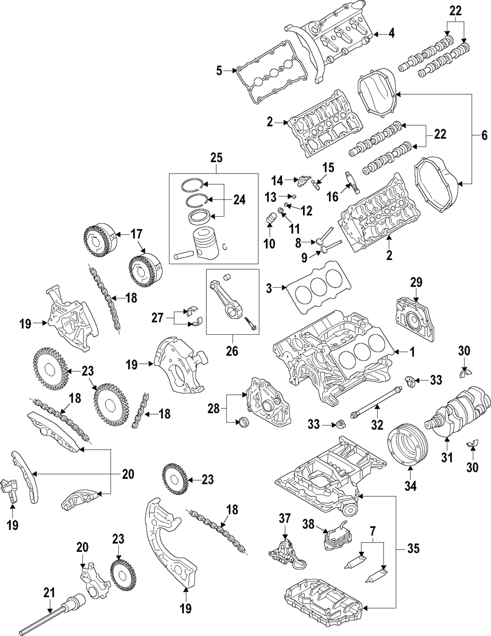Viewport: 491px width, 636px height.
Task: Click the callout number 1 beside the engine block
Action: coord(412,352)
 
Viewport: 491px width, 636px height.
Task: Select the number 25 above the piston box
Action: coord(216,158)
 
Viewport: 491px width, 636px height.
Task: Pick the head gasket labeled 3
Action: coord(319,290)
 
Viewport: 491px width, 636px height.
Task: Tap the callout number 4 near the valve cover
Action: coord(391,34)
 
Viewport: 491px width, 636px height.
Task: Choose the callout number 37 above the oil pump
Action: coord(285,518)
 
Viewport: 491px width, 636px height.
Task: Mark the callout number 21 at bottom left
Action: coord(48,593)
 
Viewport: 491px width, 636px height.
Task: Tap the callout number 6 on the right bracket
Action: coord(484,135)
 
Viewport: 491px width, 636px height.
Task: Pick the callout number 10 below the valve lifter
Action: coord(270,243)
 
